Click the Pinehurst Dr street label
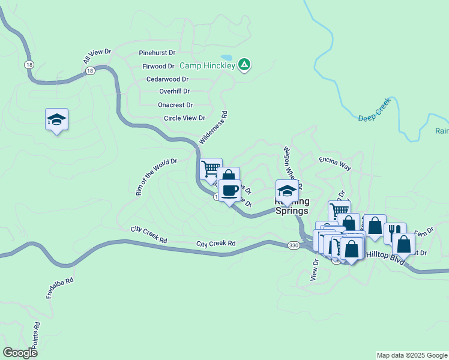pyautogui.click(x=157, y=53)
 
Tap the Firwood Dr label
pyautogui.click(x=158, y=66)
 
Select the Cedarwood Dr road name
pyautogui.click(x=167, y=79)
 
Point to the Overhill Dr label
pyautogui.click(x=174, y=91)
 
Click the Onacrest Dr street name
pyautogui.click(x=175, y=104)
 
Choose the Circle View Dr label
pyautogui.click(x=185, y=118)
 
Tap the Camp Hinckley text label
pyautogui.click(x=208, y=65)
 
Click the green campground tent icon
pyautogui.click(x=244, y=64)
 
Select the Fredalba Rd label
pyautogui.click(x=60, y=288)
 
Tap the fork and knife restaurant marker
pyautogui.click(x=395, y=231)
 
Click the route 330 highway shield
pyautogui.click(x=293, y=245)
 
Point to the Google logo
pyautogui.click(x=20, y=353)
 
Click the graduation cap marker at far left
pyautogui.click(x=57, y=119)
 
